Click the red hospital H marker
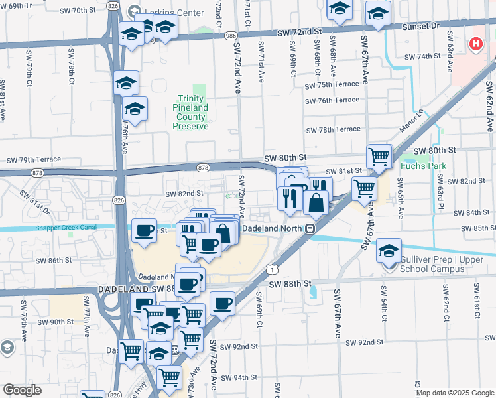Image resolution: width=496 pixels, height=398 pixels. point(475,44)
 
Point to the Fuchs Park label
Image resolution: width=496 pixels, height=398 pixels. point(424,166)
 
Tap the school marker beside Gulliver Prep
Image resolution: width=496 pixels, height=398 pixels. point(389,251)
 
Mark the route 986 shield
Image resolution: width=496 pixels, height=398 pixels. point(230,36)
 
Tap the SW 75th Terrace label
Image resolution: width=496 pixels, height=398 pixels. point(332,86)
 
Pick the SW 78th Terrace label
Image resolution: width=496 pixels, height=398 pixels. point(332,129)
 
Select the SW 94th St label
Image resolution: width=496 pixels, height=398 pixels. point(239,377)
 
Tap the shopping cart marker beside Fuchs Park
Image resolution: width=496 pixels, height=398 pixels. point(379,157)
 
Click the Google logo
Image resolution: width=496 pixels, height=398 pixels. point(23,390)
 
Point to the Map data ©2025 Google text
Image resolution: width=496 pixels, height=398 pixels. point(454,393)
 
